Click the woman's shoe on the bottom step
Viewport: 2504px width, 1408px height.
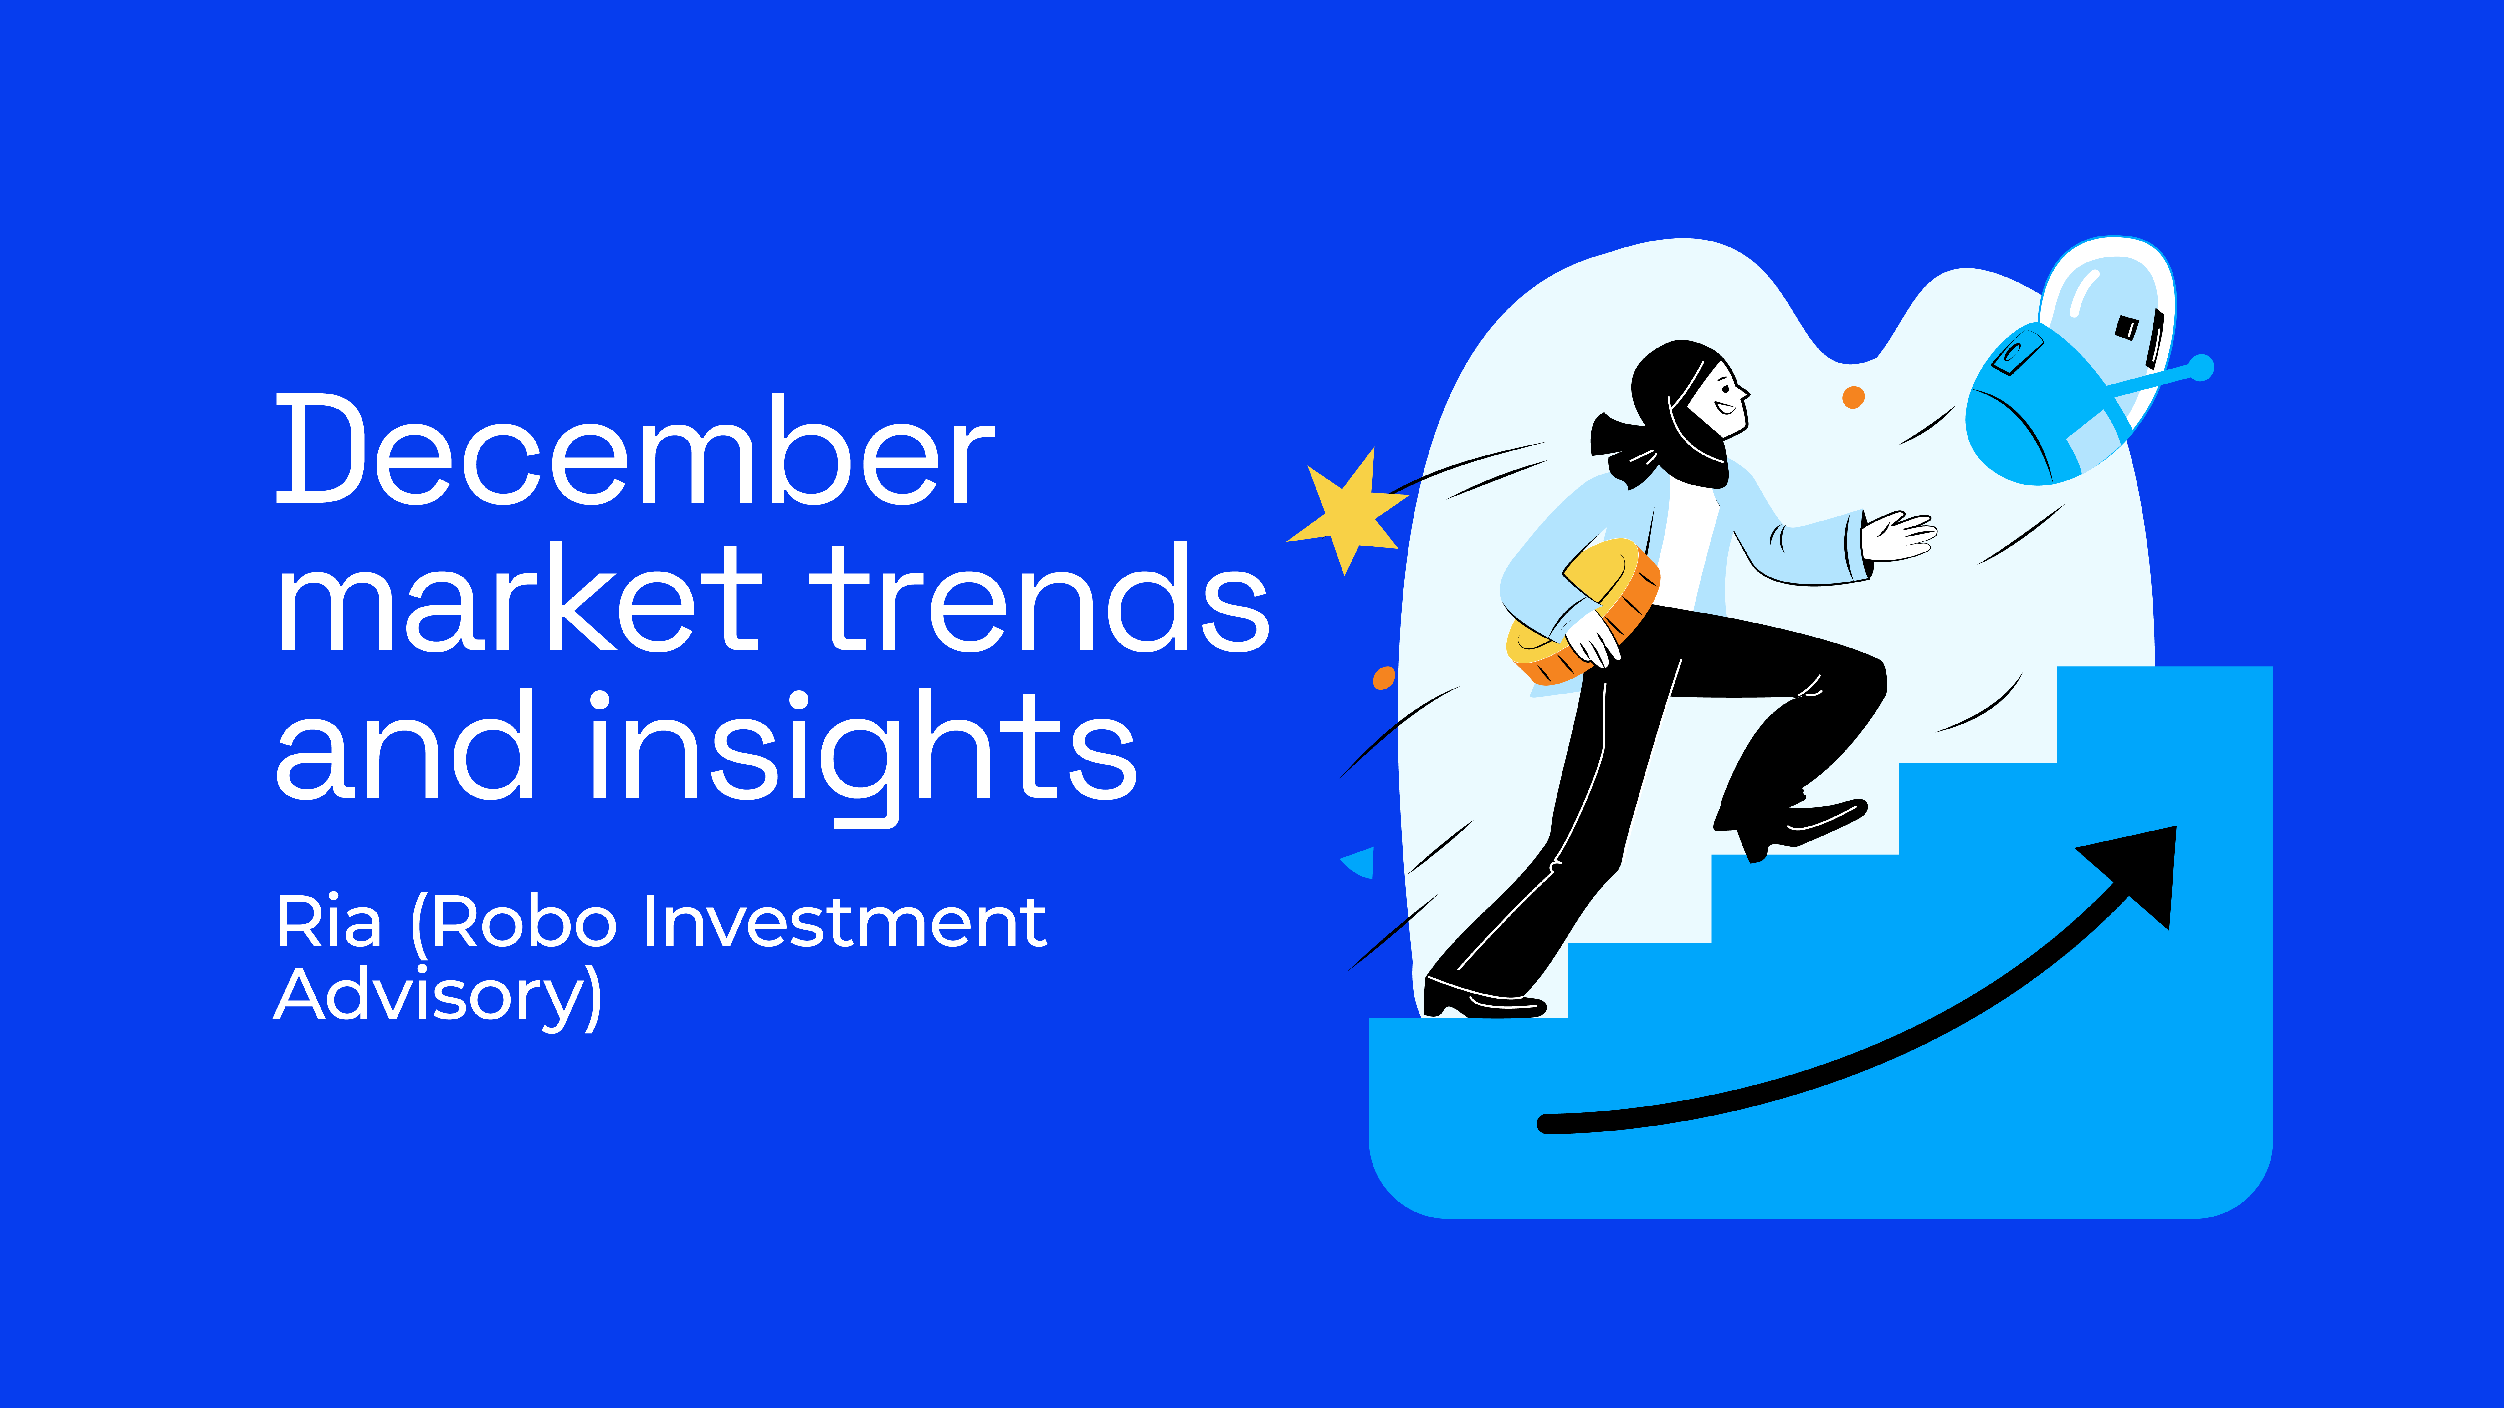[1477, 999]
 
